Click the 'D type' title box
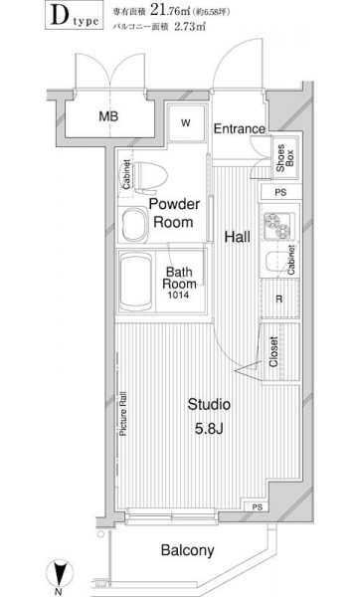pyautogui.click(x=75, y=15)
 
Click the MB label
pyautogui.click(x=108, y=116)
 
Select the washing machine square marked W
pyautogui.click(x=186, y=122)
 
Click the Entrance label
pyautogui.click(x=239, y=128)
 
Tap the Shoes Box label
pyautogui.click(x=285, y=157)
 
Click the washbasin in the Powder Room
pyautogui.click(x=134, y=225)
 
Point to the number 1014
pyautogui.click(x=179, y=296)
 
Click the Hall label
pyautogui.click(x=237, y=237)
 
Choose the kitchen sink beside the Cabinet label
pyautogui.click(x=275, y=263)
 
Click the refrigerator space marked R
pyautogui.click(x=279, y=298)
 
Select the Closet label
pyautogui.click(x=273, y=351)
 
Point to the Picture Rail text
pyautogui.click(x=123, y=414)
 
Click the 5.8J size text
pyautogui.click(x=209, y=429)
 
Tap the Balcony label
pyautogui.click(x=187, y=550)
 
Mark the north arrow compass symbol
pyautogui.click(x=59, y=574)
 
